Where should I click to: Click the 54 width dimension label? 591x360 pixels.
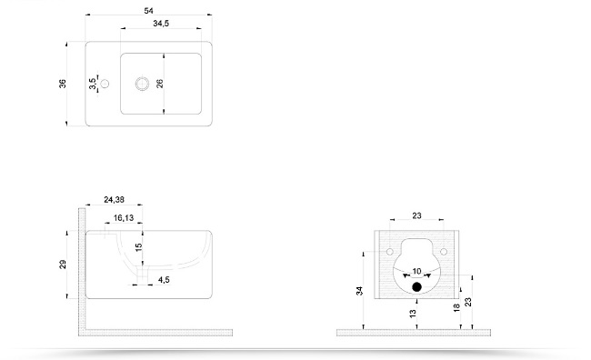pyautogui.click(x=148, y=11)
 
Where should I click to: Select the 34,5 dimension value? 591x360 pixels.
pyautogui.click(x=161, y=24)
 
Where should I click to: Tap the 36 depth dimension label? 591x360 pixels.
pyautogui.click(x=63, y=84)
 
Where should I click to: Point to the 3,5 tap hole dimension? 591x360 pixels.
pyautogui.click(x=93, y=84)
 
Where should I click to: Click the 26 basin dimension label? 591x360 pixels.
pyautogui.click(x=160, y=84)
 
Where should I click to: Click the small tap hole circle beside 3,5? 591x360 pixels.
pyautogui.click(x=105, y=84)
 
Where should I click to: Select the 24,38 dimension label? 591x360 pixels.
pyautogui.click(x=114, y=200)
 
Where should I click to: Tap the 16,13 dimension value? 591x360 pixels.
pyautogui.click(x=124, y=218)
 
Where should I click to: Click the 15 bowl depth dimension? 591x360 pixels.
pyautogui.click(x=138, y=247)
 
